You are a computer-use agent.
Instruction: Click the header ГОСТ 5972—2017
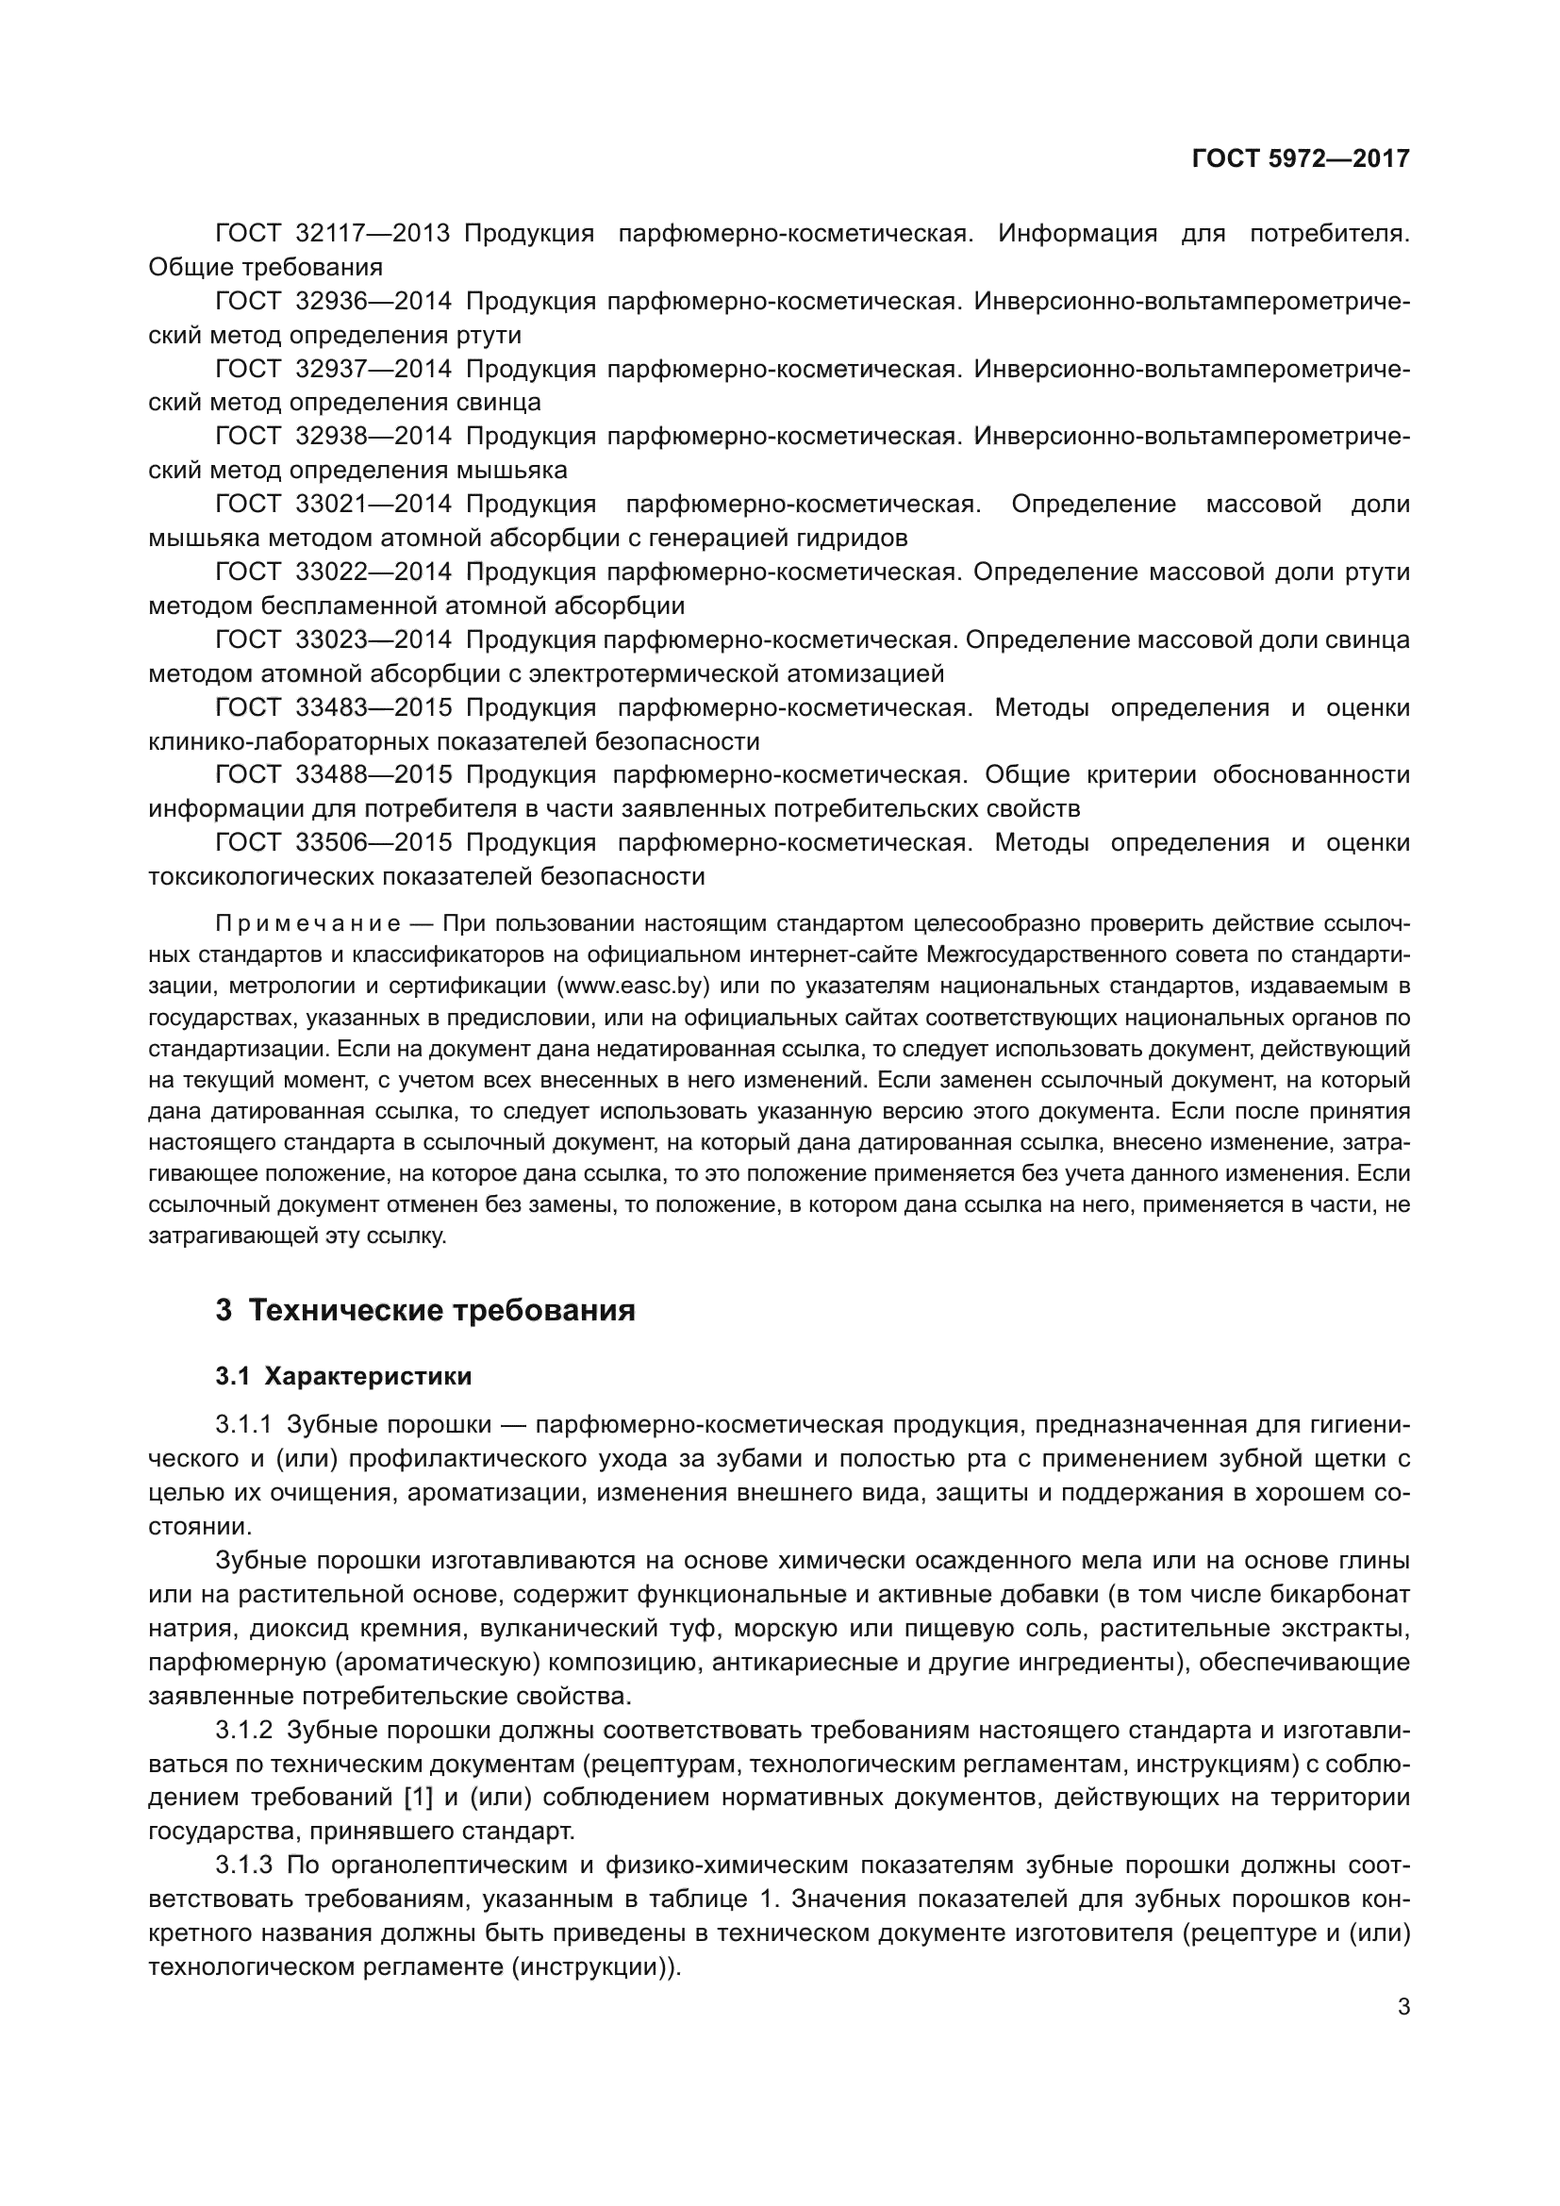1300,158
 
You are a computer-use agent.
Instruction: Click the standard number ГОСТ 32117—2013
332,234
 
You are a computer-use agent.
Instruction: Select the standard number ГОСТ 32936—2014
332,302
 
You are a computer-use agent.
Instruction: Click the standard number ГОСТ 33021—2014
332,505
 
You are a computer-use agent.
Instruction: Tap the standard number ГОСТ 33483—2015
332,708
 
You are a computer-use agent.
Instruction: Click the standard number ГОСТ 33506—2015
332,843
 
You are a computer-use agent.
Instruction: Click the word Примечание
307,924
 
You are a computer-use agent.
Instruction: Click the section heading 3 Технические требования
424,1311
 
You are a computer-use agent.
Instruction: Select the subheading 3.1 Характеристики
343,1377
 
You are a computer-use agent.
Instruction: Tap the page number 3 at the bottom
1403,2007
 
